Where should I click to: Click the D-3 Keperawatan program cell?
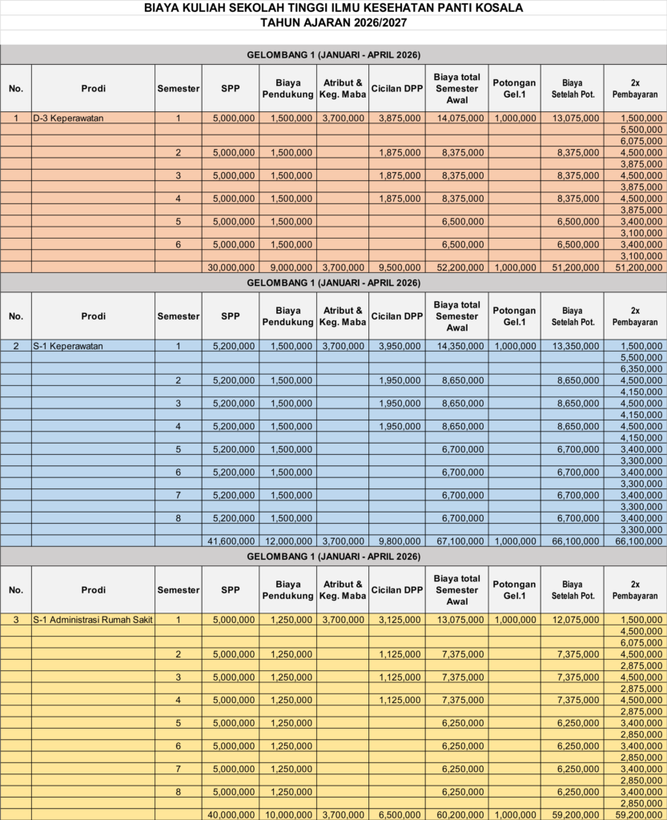click(69, 119)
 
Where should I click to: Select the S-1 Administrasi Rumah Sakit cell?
click(93, 620)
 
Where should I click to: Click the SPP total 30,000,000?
click(231, 267)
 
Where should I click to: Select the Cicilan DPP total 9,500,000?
click(397, 267)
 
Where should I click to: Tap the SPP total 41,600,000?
click(231, 541)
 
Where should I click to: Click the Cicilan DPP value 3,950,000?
click(397, 346)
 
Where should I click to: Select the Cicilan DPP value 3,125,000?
click(397, 620)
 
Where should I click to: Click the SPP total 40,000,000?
click(231, 814)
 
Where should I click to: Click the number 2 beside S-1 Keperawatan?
click(16, 346)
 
